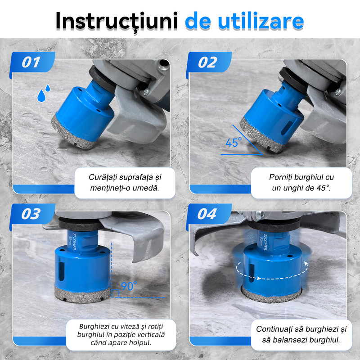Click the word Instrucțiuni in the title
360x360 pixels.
click(117, 22)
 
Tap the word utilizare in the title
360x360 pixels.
click(261, 21)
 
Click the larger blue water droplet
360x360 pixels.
click(41, 96)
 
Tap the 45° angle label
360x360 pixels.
click(234, 142)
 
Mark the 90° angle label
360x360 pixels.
click(129, 286)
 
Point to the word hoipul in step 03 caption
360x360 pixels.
click(140, 342)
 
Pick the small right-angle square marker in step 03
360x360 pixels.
click(115, 294)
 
